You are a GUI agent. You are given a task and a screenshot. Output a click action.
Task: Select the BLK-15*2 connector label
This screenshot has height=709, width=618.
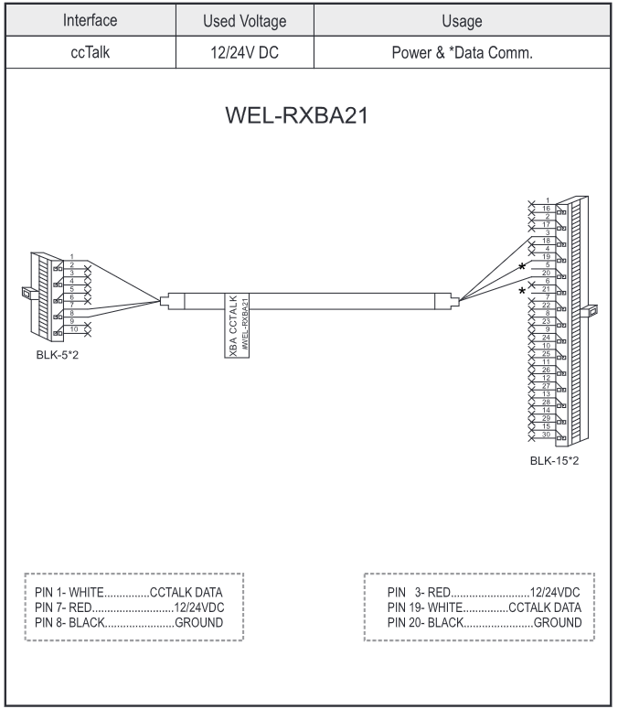(x=554, y=460)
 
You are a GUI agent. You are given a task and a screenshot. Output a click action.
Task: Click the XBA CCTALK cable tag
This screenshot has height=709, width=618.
(x=236, y=324)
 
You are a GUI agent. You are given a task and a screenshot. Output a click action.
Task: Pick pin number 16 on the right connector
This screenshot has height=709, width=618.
(x=546, y=209)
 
